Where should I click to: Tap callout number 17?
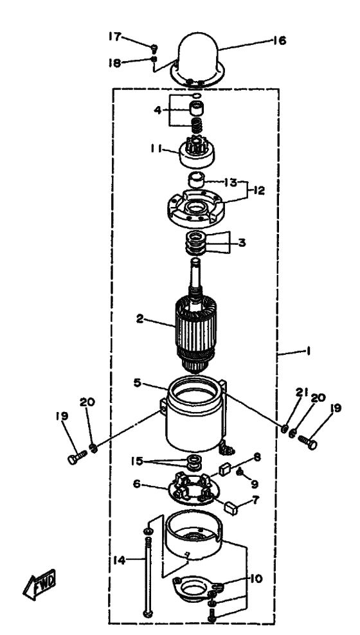[x=116, y=37]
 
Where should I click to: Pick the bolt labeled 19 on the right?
[x=309, y=443]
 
